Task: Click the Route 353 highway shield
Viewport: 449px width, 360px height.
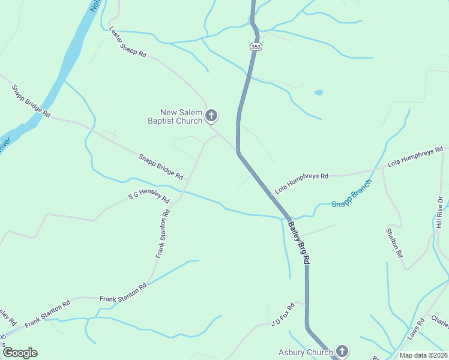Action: point(255,46)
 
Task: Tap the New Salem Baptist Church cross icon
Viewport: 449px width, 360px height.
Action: point(211,115)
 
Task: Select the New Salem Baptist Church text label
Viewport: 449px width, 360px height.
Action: point(182,116)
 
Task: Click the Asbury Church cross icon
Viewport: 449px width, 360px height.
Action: point(342,351)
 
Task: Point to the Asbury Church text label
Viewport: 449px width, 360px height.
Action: point(306,353)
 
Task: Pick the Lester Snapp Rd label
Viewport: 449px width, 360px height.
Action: point(128,42)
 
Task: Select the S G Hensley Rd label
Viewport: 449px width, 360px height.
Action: point(149,197)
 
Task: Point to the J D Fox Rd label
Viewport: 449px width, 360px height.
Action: point(285,315)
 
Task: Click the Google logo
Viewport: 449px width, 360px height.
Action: point(20,353)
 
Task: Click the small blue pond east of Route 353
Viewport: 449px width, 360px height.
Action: point(318,93)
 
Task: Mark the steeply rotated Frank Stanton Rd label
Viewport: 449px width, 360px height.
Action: point(163,234)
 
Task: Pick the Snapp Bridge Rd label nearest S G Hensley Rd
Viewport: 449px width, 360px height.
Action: point(161,167)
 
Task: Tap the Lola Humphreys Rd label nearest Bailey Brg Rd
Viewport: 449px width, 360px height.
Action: point(302,183)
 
